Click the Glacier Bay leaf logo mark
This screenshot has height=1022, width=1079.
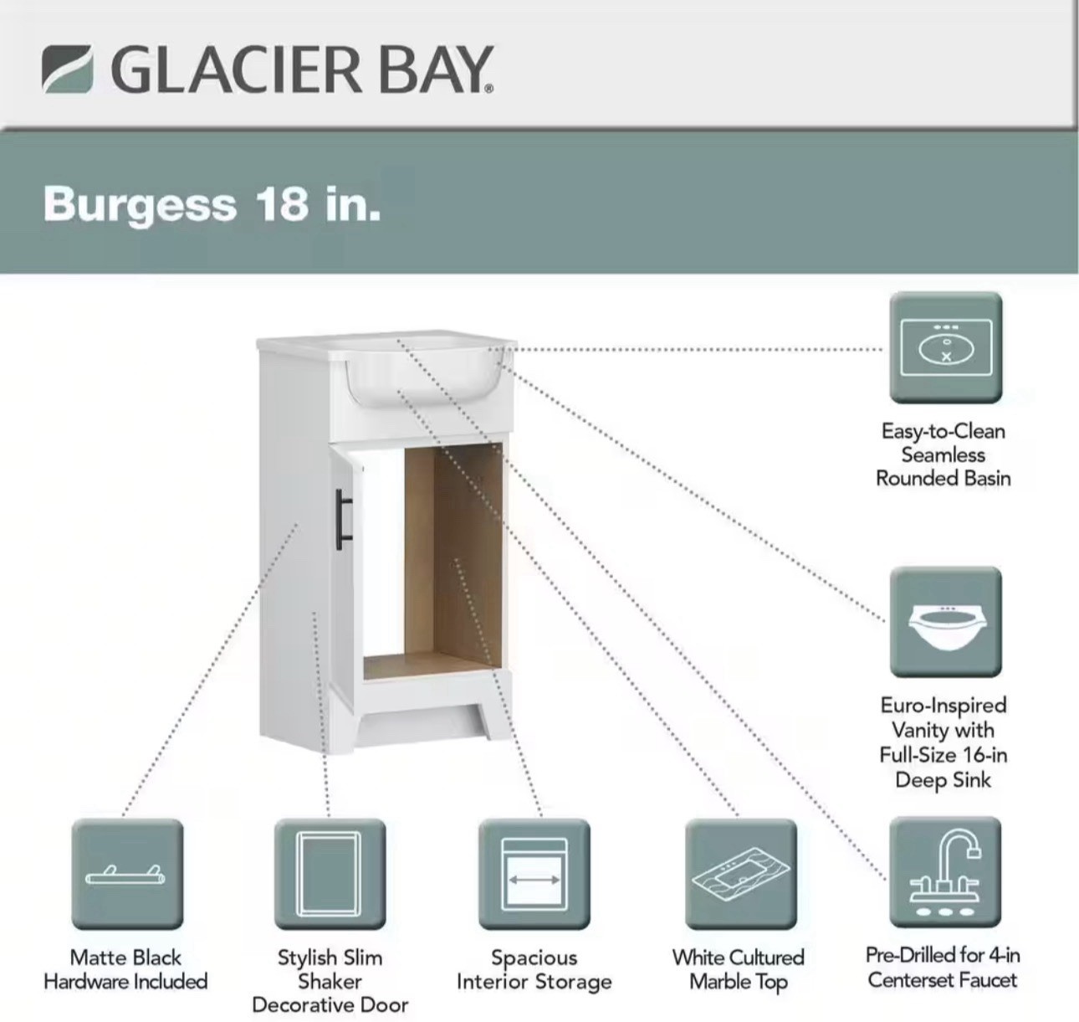click(67, 69)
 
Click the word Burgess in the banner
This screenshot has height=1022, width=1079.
click(140, 205)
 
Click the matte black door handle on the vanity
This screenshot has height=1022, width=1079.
click(343, 519)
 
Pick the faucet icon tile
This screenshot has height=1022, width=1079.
click(945, 872)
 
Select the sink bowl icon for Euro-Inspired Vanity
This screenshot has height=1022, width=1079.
click(946, 622)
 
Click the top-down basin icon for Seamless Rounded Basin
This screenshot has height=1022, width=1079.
click(946, 347)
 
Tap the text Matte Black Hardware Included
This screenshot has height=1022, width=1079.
click(125, 969)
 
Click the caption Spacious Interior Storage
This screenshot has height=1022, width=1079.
click(534, 970)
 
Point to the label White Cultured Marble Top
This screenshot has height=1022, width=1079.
click(739, 970)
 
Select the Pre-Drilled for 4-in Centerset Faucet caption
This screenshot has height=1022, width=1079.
click(943, 968)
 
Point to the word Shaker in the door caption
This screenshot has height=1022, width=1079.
click(330, 981)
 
